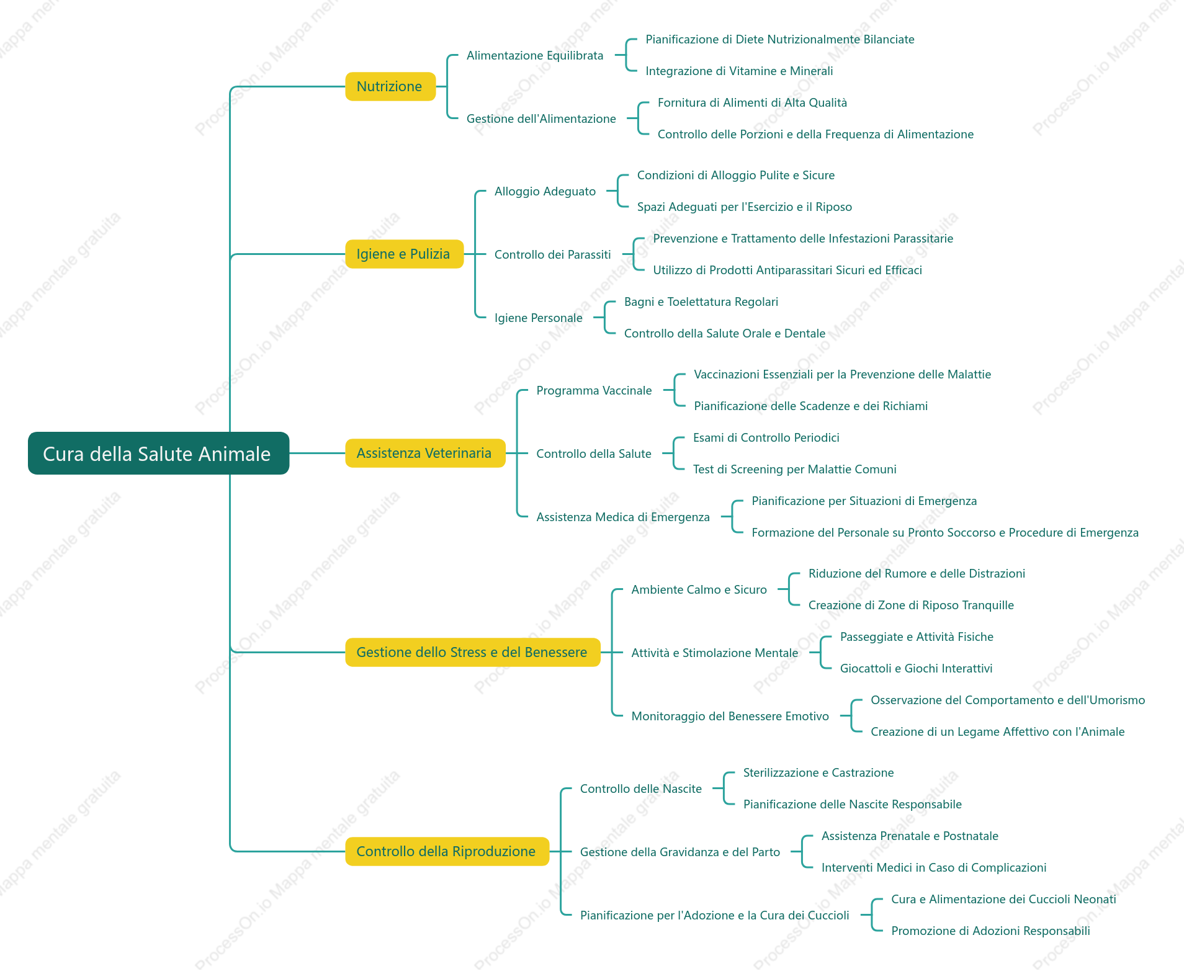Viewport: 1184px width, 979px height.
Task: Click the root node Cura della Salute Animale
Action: [x=158, y=453]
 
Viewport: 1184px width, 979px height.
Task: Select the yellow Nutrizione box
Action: [x=390, y=86]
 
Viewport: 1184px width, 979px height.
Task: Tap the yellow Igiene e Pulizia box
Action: [x=404, y=254]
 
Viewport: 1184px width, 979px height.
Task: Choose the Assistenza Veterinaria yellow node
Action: [x=425, y=453]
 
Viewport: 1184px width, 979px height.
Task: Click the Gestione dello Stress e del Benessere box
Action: [x=473, y=652]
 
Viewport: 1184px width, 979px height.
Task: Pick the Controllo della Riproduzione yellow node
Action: [x=447, y=851]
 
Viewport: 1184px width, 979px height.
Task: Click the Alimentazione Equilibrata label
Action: [x=535, y=55]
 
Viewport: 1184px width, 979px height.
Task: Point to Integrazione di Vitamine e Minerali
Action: [x=739, y=71]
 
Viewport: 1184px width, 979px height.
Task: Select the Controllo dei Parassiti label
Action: [x=552, y=254]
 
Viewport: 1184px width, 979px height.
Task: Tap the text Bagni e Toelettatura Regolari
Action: [x=701, y=302]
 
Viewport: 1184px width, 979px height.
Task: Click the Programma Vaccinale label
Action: [x=594, y=390]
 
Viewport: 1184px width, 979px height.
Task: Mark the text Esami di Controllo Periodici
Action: [x=766, y=437]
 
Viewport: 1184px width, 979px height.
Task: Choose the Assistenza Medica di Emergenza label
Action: [x=623, y=517]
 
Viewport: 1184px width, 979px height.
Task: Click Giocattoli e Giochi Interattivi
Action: [x=916, y=668]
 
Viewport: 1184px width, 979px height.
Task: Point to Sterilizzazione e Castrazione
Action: [x=818, y=772]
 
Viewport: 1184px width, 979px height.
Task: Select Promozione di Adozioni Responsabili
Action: [x=990, y=931]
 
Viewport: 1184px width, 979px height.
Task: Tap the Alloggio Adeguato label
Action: [x=545, y=191]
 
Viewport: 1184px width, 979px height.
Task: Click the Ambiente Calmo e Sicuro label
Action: [x=699, y=589]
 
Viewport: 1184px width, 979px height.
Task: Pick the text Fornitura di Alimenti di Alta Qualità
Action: [x=752, y=102]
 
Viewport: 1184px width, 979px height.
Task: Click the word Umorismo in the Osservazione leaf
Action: [x=1116, y=700]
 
